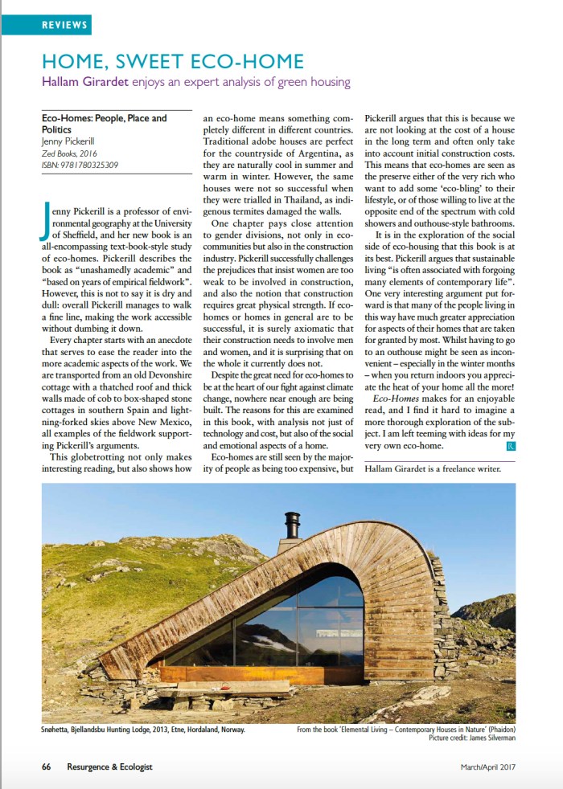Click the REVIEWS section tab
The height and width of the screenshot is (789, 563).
[x=64, y=25]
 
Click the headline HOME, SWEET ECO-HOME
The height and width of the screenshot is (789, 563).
[x=173, y=61]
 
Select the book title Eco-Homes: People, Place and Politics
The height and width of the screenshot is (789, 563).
[x=104, y=124]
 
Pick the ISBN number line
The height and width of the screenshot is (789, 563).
[x=80, y=166]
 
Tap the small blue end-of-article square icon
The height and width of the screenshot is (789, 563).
[x=512, y=444]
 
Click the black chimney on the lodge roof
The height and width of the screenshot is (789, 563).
[x=292, y=525]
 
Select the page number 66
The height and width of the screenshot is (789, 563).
[x=47, y=767]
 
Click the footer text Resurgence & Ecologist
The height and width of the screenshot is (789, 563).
[x=109, y=767]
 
